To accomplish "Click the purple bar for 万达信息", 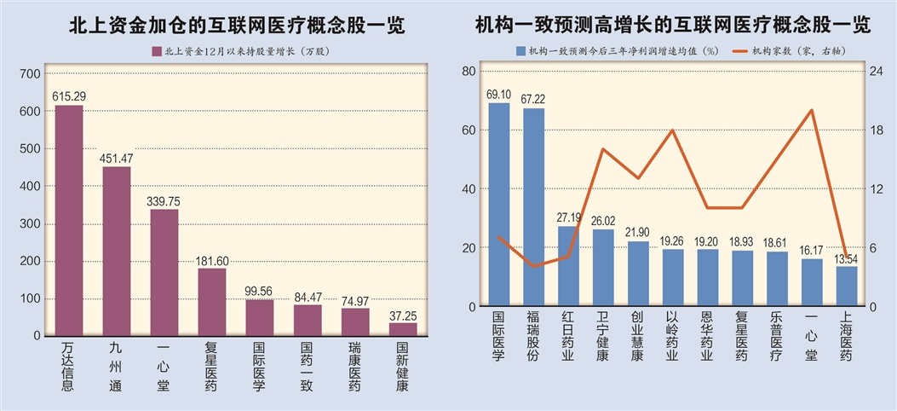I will point(69,220).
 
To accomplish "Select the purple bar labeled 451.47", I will point(117,251).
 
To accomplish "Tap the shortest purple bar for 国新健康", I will point(403,329).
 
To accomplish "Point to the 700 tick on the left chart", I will point(30,74).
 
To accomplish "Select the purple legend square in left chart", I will point(156,51).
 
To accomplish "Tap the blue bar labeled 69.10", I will point(499,205).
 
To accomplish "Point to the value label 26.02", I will point(603,220).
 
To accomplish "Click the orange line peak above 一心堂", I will point(812,110).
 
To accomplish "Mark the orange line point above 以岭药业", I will point(673,130).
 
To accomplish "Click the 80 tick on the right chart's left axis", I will point(468,72).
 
